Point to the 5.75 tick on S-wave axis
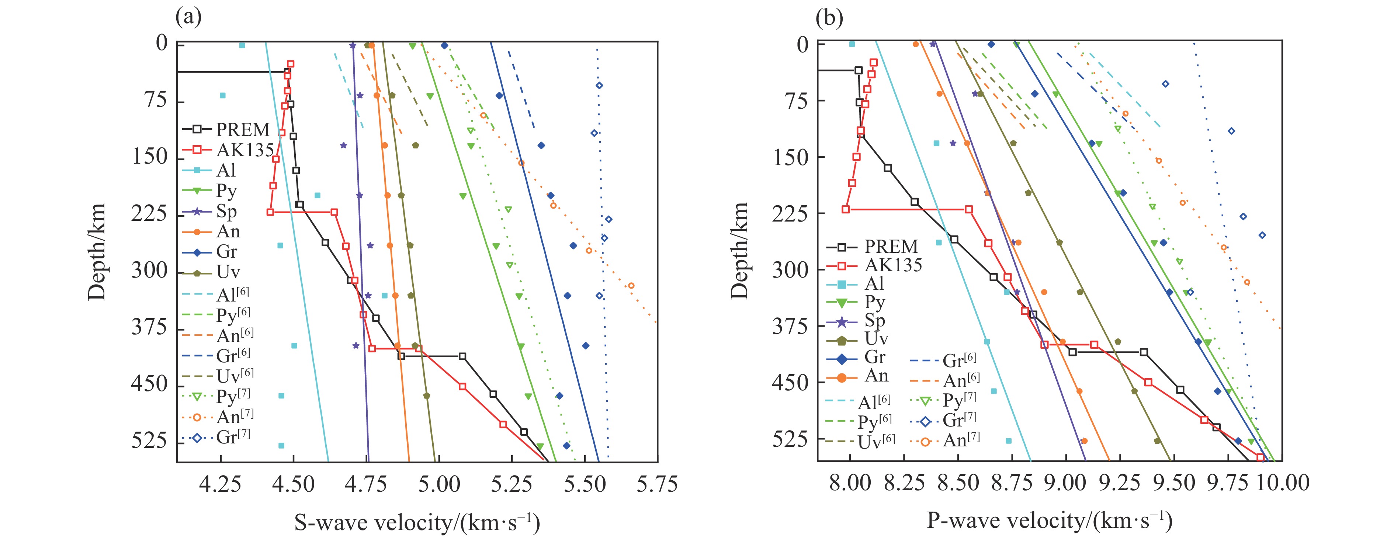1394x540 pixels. (657, 483)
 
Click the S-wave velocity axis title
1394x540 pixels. (417, 523)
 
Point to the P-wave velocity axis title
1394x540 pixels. (1050, 520)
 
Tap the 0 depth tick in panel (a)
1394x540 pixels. (162, 43)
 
